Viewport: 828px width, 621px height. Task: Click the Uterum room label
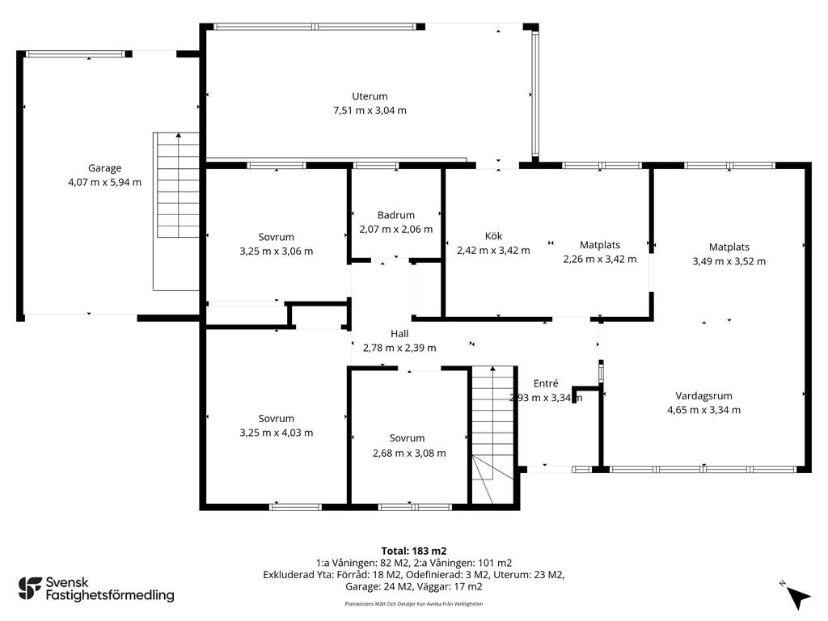click(x=370, y=96)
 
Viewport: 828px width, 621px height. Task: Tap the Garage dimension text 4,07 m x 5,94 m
click(x=104, y=182)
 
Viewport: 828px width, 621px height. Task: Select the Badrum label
click(x=396, y=215)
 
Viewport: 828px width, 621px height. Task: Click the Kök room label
click(x=493, y=236)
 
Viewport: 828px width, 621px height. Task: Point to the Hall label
click(x=399, y=334)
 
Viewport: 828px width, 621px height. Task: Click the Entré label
click(x=546, y=383)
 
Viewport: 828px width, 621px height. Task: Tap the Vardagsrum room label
click(x=704, y=395)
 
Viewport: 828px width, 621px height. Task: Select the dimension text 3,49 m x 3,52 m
click(x=729, y=261)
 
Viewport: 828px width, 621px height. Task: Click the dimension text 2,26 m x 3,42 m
click(x=600, y=259)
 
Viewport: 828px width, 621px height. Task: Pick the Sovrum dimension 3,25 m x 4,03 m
click(x=277, y=433)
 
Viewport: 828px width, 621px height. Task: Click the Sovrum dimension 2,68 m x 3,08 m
click(x=409, y=453)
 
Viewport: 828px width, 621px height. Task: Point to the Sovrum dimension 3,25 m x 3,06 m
click(x=277, y=251)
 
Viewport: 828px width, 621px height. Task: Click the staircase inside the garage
click(x=175, y=211)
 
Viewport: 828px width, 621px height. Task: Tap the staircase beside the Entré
click(x=493, y=434)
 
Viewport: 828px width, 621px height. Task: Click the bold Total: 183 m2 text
click(x=414, y=551)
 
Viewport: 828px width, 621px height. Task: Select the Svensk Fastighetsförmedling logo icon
click(x=30, y=589)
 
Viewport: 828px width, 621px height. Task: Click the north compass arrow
click(x=798, y=597)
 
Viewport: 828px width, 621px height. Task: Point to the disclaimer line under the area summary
click(x=414, y=603)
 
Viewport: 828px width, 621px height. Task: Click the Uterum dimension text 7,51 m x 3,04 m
click(x=370, y=110)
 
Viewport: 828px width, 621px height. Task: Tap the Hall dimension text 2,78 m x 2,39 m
click(x=399, y=348)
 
